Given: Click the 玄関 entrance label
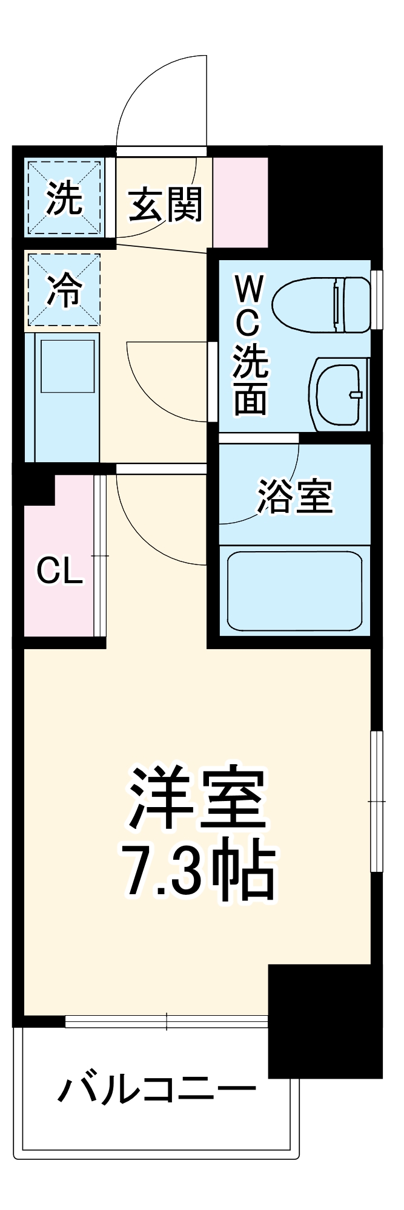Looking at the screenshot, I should (165, 204).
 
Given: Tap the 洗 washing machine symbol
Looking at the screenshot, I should (64, 198).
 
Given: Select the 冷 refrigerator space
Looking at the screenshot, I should (64, 289).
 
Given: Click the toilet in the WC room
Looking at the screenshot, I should (321, 304).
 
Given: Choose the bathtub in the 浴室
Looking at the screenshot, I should (294, 590).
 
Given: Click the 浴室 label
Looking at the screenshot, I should (295, 497).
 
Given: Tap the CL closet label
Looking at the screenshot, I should (59, 570).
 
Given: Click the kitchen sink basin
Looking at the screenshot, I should (67, 365).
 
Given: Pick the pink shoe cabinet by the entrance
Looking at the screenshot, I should (240, 202).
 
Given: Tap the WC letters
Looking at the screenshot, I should (248, 306).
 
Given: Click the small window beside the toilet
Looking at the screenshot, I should (377, 299).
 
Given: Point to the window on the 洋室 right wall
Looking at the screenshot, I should (377, 801).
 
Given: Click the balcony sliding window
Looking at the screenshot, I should (167, 1021).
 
